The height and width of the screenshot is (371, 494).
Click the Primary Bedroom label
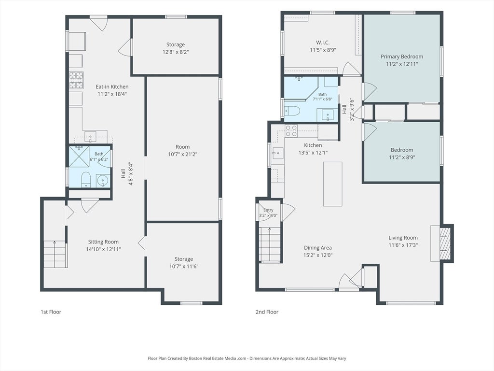click(402, 57)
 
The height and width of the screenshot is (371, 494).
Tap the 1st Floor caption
click(51, 312)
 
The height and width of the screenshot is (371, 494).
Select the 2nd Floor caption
click(267, 312)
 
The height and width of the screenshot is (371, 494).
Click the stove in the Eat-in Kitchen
click(76, 81)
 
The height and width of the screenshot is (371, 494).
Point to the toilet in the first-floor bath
click(86, 180)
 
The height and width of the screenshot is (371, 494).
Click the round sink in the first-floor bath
click(103, 181)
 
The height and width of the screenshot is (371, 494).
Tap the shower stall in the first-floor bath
click(79, 156)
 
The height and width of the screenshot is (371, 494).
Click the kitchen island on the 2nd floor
click(333, 184)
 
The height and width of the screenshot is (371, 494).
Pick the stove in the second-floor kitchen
click(291, 131)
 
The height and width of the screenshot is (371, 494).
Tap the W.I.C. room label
click(323, 43)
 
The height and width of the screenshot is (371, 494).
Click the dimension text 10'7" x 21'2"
click(183, 154)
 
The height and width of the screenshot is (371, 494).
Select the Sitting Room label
click(103, 242)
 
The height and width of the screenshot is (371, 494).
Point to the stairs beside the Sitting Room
click(55, 254)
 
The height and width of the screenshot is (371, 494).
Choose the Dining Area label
click(318, 248)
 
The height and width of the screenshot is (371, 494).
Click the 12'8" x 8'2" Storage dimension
click(176, 52)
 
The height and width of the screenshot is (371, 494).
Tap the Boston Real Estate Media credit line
click(247, 358)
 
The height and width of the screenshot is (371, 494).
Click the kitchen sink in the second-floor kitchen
click(277, 153)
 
